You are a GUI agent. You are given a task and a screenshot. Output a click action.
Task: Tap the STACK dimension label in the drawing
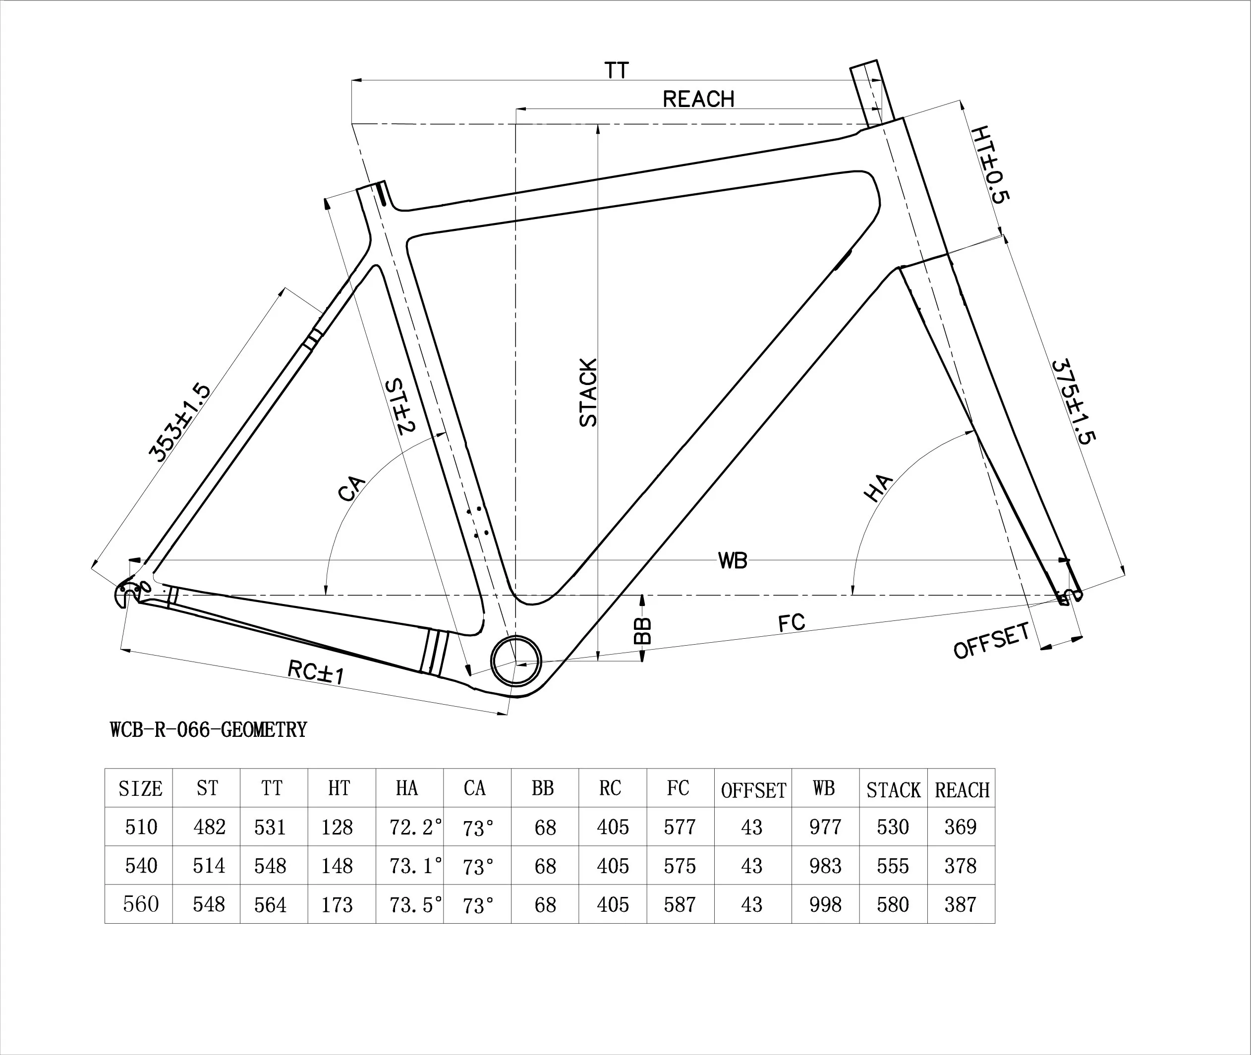589,393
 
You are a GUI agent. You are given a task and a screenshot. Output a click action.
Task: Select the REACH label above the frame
698,99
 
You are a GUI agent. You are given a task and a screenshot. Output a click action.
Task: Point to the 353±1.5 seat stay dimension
179,423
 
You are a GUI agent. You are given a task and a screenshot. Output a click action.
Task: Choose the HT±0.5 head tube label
990,165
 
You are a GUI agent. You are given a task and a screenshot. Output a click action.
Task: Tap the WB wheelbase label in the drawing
732,561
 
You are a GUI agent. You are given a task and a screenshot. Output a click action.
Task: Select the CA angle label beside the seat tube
351,489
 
